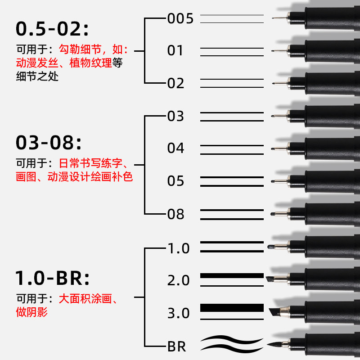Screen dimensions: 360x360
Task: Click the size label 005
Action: pyautogui.click(x=180, y=18)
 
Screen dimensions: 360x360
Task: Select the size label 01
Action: pyautogui.click(x=175, y=50)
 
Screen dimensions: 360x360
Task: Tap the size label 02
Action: pyautogui.click(x=176, y=83)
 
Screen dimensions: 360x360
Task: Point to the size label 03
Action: pyautogui.click(x=175, y=116)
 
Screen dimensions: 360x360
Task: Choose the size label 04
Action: pyautogui.click(x=176, y=148)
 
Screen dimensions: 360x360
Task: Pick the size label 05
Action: pyautogui.click(x=176, y=181)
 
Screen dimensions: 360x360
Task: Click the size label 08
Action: pyautogui.click(x=176, y=214)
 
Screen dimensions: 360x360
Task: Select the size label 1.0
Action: pyautogui.click(x=179, y=248)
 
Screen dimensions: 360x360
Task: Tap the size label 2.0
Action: pyautogui.click(x=179, y=281)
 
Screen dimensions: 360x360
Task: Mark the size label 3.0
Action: pyautogui.click(x=179, y=313)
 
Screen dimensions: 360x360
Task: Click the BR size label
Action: pyautogui.click(x=176, y=346)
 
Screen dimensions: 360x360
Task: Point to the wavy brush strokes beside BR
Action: pyautogui.click(x=232, y=344)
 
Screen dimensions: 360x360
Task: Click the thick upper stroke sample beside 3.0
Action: pyautogui.click(x=232, y=308)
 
